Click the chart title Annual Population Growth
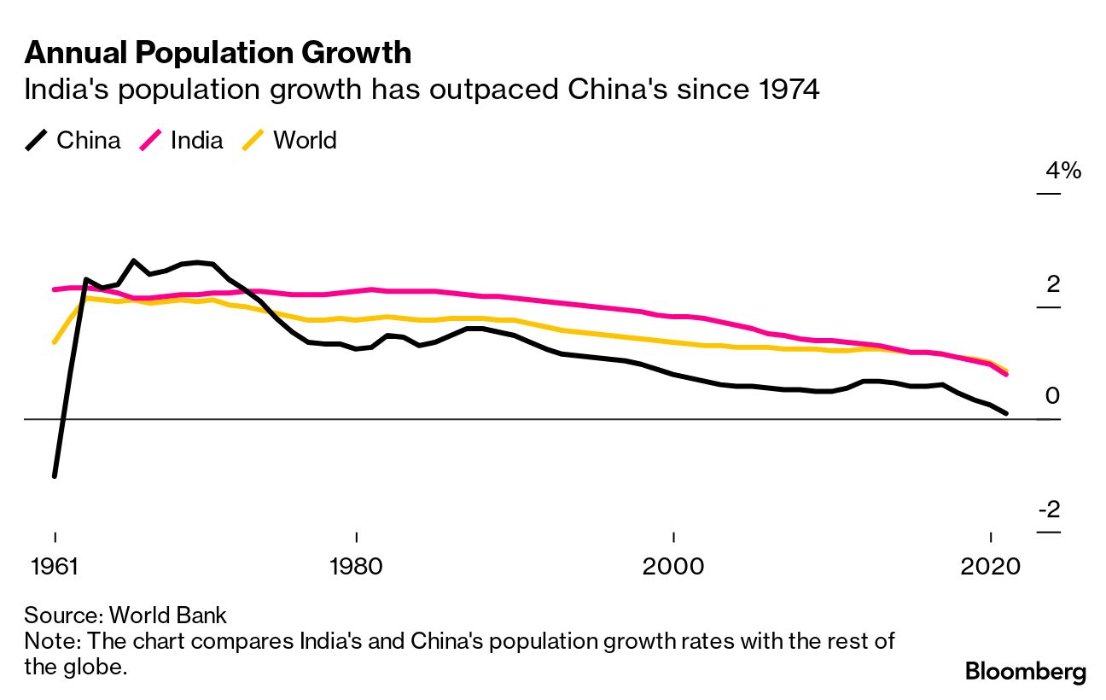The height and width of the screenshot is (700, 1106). click(x=218, y=53)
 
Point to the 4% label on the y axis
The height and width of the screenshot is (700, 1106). click(x=1063, y=171)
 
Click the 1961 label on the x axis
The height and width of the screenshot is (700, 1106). click(x=55, y=567)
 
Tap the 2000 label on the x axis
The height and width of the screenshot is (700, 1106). click(x=673, y=567)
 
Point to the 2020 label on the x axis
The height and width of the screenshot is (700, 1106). click(x=991, y=567)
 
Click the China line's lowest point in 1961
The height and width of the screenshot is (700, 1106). click(x=55, y=475)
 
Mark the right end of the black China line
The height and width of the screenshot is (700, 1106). click(x=1007, y=413)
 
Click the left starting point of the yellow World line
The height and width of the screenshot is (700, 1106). click(x=55, y=341)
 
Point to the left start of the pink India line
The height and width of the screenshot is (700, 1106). click(x=55, y=289)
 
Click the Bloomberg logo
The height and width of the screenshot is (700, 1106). click(x=1025, y=672)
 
